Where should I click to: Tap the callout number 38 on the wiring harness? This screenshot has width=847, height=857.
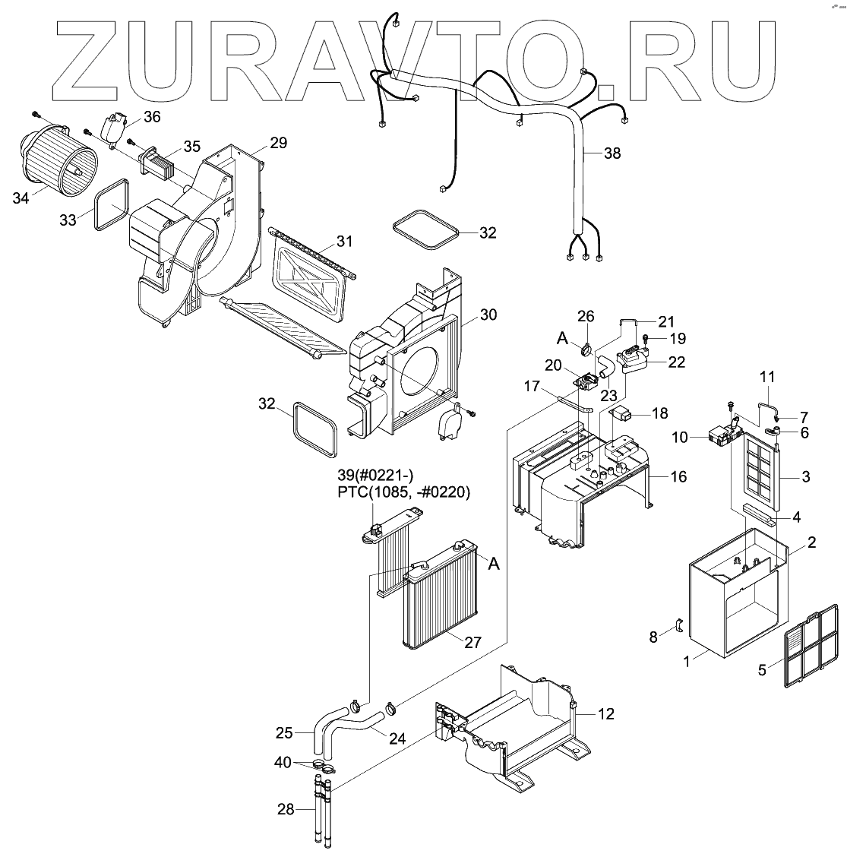[612, 153]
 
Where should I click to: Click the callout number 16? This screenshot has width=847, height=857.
[678, 476]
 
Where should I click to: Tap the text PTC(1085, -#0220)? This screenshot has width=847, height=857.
[404, 492]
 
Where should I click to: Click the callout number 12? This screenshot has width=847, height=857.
[605, 713]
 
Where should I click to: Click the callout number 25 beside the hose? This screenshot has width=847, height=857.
[284, 733]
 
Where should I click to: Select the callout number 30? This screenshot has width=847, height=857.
[488, 314]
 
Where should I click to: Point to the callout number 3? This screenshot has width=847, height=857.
[806, 477]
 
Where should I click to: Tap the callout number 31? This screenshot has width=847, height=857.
[345, 242]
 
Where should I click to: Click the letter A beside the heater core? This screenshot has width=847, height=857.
[494, 564]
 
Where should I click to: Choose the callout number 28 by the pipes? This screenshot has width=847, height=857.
[286, 810]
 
